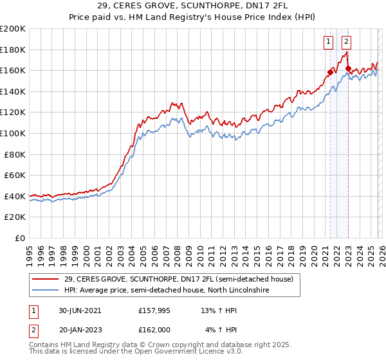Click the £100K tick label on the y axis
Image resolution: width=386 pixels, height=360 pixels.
(x=13, y=133)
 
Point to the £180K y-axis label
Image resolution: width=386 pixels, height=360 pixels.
(x=13, y=50)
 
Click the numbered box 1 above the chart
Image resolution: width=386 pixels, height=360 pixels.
(x=328, y=42)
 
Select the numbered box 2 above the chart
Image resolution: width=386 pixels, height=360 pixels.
(x=346, y=42)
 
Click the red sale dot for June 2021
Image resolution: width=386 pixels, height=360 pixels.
(x=330, y=72)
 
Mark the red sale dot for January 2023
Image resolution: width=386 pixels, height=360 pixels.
(x=348, y=68)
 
